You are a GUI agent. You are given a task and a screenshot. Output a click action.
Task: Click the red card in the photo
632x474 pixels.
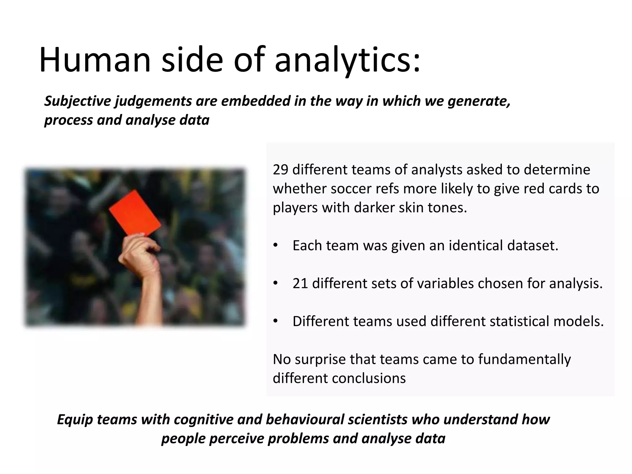tap(135, 212)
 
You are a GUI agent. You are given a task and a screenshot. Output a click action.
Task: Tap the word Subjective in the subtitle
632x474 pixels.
tap(78, 101)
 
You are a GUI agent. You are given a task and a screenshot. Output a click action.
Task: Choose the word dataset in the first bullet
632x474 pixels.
tap(535, 246)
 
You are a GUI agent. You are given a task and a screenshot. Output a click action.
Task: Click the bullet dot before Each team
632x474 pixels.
tap(275, 246)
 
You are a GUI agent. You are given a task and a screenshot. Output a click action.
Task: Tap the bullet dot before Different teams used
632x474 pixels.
tap(275, 322)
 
